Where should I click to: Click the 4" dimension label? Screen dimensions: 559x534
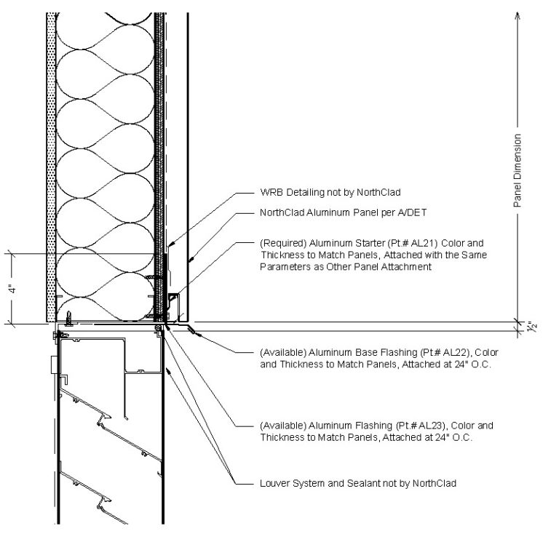[x=13, y=289]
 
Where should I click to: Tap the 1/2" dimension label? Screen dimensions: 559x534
[x=531, y=327]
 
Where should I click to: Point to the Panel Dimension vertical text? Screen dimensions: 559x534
[x=518, y=171]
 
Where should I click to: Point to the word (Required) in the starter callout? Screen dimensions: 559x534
[x=283, y=243]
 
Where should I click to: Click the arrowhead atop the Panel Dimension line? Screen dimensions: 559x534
[x=518, y=15]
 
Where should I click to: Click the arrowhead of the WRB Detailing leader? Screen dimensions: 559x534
[x=170, y=244]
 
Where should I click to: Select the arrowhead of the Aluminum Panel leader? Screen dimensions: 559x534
[x=191, y=260]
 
